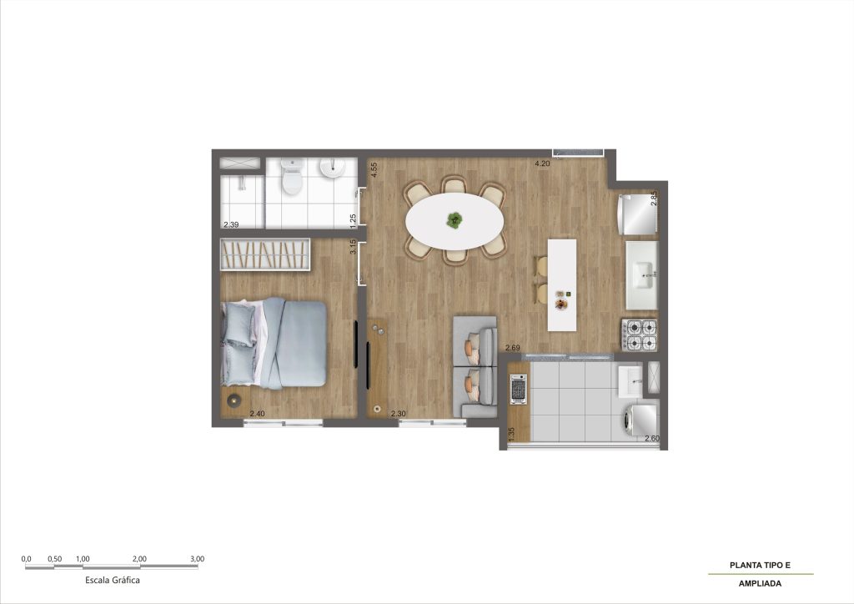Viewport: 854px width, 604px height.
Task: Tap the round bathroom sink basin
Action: [x=331, y=168]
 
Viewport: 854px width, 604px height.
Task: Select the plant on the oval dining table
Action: [x=455, y=220]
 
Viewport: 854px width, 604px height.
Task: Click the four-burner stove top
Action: [x=640, y=335]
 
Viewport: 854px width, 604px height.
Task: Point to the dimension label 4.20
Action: [x=542, y=164]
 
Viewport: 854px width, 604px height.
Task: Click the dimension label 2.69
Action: [x=513, y=348]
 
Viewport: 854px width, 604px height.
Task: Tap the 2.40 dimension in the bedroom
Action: [x=257, y=414]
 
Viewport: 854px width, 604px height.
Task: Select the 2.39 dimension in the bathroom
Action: [x=231, y=224]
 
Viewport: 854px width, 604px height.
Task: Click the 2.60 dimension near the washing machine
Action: [x=652, y=439]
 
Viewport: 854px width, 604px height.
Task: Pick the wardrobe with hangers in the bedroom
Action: [x=265, y=254]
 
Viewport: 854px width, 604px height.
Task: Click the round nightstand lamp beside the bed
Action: [x=234, y=400]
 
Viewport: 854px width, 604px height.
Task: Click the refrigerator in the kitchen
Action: [x=636, y=214]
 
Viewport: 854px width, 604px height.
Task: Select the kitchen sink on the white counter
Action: [x=646, y=275]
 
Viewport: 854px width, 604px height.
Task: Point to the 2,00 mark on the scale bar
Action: [x=139, y=559]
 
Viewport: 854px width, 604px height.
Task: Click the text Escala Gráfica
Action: [x=113, y=580]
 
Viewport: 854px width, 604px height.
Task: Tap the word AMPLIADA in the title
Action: [x=760, y=583]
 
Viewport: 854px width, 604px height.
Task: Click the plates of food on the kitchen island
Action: [x=561, y=300]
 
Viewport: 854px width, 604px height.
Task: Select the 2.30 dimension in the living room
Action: [x=398, y=414]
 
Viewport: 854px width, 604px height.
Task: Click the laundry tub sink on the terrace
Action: [x=630, y=380]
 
